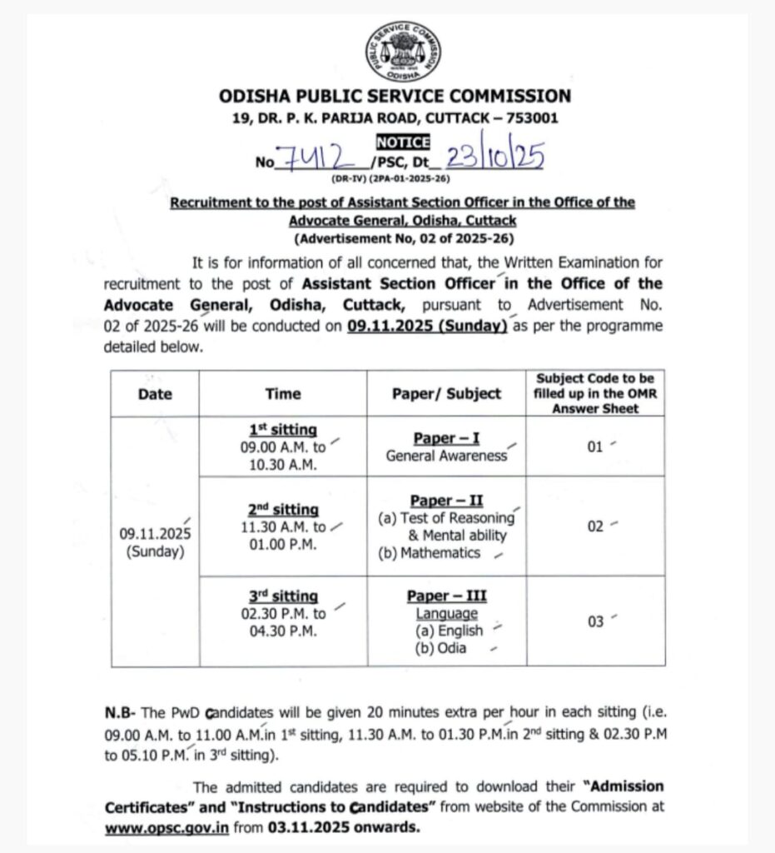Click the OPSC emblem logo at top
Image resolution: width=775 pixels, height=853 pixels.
click(x=403, y=51)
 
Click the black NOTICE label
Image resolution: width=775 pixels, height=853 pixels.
click(x=403, y=142)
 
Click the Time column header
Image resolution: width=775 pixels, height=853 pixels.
click(x=283, y=394)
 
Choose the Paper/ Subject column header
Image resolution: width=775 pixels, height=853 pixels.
click(x=446, y=394)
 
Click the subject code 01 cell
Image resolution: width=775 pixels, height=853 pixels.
click(x=594, y=447)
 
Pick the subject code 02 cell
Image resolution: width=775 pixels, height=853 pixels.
click(x=594, y=526)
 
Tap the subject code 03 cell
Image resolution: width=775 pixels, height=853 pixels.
click(x=594, y=621)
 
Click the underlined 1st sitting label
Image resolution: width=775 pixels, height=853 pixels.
click(x=283, y=430)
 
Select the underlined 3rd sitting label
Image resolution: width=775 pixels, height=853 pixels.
click(x=283, y=596)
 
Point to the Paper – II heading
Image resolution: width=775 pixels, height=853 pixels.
click(x=446, y=500)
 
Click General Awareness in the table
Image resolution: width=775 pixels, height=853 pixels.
click(x=446, y=456)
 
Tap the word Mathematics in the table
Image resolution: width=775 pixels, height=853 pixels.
click(x=440, y=553)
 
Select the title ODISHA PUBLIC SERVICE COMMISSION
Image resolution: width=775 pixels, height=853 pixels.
click(x=395, y=96)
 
